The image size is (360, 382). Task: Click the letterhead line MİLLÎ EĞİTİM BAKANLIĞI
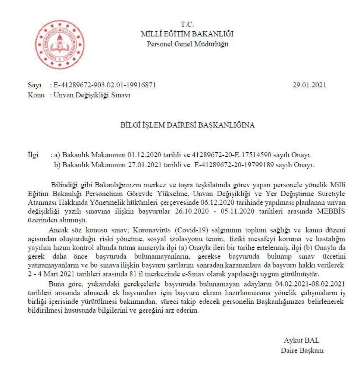(187, 34)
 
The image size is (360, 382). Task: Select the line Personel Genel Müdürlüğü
(187, 44)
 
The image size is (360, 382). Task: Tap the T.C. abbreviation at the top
(187, 25)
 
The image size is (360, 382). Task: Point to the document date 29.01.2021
(309, 85)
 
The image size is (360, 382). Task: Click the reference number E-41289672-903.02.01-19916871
(105, 85)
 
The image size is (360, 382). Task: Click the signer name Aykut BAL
(301, 341)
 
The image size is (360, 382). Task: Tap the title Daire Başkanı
(302, 350)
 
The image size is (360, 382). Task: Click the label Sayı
(34, 85)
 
